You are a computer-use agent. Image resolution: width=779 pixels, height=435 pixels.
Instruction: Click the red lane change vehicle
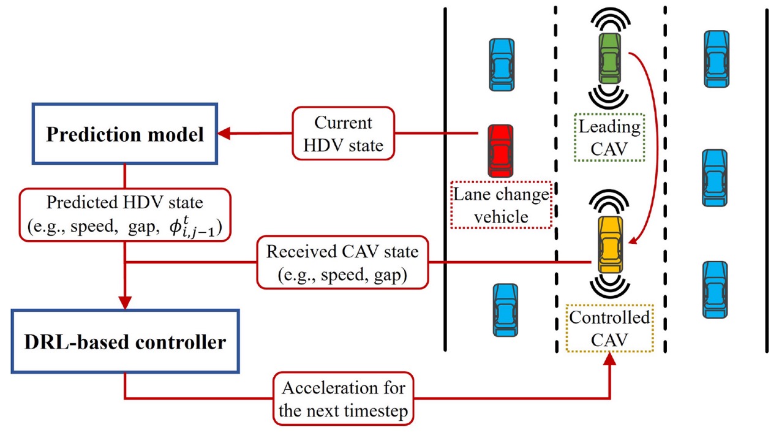500,150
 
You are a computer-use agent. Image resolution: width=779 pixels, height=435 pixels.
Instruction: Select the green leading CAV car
609,59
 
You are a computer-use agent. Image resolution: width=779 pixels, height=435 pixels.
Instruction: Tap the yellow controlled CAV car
610,244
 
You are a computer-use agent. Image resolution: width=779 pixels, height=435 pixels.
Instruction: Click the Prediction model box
125,134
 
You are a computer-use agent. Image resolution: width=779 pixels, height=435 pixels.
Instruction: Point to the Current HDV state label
343,134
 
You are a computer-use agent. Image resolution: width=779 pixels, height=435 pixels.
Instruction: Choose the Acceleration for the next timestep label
343,398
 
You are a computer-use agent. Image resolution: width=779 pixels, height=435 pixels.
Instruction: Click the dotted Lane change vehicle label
501,205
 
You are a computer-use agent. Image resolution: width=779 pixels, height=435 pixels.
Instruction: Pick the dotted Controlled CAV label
609,328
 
